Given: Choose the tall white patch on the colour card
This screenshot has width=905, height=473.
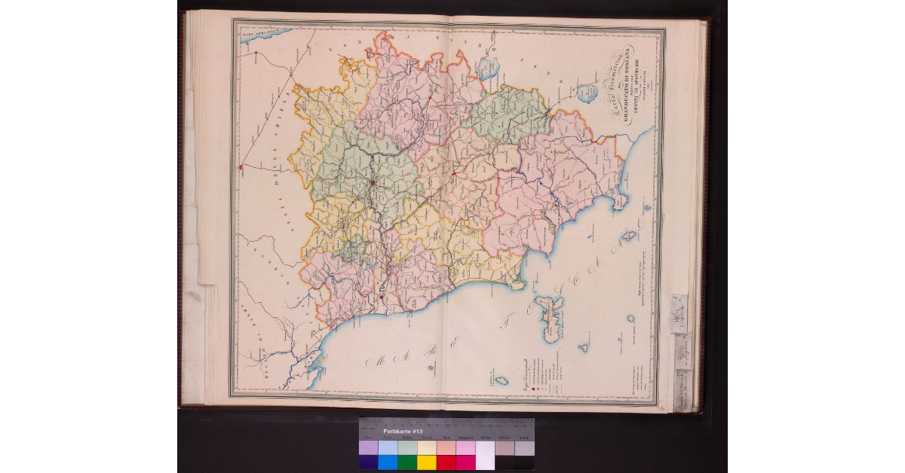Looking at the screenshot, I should tap(485, 455).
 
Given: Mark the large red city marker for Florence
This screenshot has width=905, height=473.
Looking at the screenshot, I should tap(373, 182).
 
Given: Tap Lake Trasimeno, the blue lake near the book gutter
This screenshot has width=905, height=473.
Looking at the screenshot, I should tap(487, 69).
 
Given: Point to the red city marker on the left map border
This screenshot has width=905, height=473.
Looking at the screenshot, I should tap(239, 167).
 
